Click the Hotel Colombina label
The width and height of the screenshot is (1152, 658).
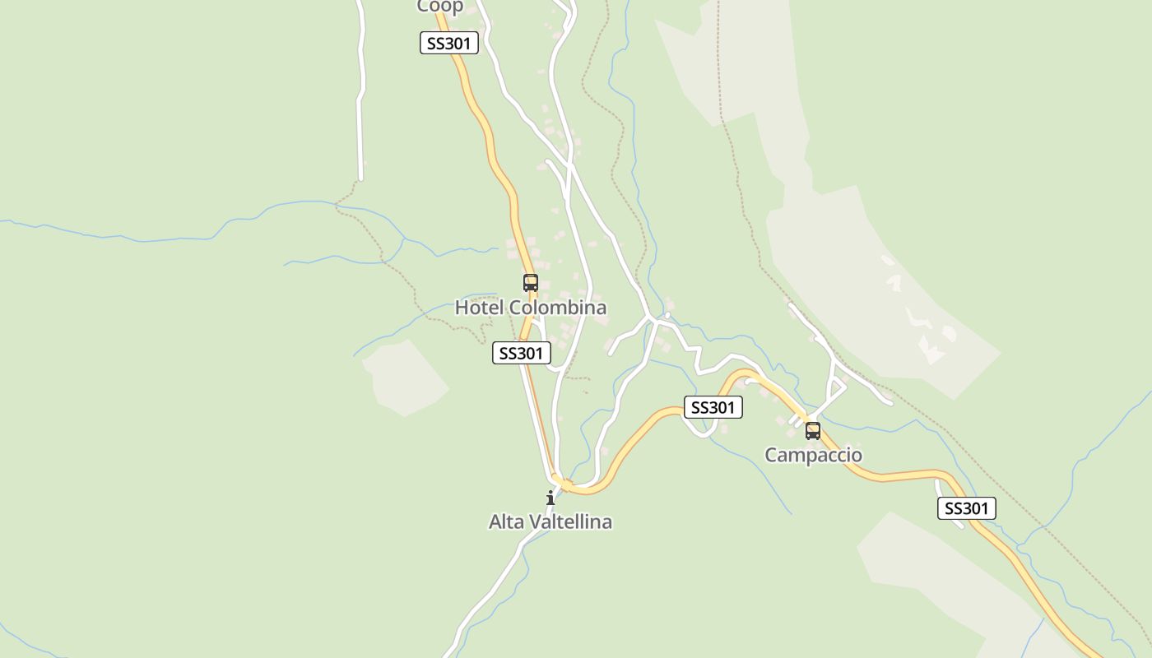pos(531,308)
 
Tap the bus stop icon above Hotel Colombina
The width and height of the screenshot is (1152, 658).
pos(531,283)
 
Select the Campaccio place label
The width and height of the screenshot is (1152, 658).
pos(813,455)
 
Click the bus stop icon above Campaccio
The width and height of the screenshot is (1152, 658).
pos(813,430)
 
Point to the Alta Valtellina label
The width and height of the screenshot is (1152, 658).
pos(550,521)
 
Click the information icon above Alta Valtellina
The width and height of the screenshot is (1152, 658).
pos(550,498)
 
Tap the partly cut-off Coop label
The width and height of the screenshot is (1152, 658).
pos(440,7)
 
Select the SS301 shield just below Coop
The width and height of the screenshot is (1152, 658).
pos(448,44)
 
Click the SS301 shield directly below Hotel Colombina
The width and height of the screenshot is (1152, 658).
pos(521,353)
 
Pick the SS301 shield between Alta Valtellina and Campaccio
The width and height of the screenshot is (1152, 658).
pos(713,407)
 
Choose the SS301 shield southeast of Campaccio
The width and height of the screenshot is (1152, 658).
pos(966,508)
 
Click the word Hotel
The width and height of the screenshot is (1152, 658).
pos(480,308)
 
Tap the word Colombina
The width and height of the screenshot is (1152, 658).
pos(558,308)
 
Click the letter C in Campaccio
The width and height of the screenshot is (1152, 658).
pos(772,455)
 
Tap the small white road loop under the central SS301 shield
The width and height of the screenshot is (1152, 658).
pos(699,427)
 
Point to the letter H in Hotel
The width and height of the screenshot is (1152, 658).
pos(462,308)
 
